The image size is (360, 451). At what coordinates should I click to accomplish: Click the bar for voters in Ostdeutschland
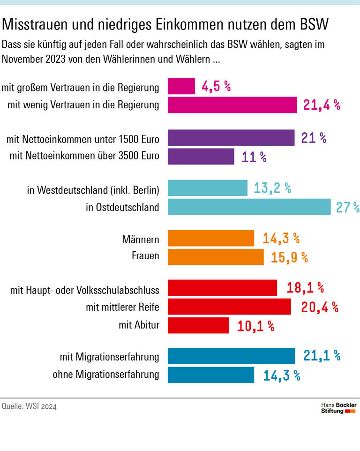(249, 207)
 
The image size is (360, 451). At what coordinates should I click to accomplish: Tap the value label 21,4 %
(321, 105)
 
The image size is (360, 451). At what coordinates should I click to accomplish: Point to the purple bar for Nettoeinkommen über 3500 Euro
(201, 157)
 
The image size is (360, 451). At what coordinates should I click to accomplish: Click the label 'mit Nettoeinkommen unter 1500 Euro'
(83, 140)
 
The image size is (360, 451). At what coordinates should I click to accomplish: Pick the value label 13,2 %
(272, 188)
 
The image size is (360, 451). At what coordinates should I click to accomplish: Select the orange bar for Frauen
(216, 257)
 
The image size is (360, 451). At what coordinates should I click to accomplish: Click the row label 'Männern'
(140, 240)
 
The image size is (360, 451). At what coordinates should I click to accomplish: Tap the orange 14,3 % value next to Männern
(280, 238)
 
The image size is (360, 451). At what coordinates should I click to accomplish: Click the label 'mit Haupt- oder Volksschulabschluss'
(85, 290)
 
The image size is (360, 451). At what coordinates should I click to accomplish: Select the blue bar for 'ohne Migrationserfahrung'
(211, 375)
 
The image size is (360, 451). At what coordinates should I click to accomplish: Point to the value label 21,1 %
(321, 356)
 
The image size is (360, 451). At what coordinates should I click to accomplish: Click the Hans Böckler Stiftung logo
(338, 407)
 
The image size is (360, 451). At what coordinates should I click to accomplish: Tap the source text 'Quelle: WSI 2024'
(29, 406)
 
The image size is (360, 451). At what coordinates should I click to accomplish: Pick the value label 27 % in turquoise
(347, 207)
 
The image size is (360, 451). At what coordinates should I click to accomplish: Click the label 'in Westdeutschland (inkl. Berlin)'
(93, 190)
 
